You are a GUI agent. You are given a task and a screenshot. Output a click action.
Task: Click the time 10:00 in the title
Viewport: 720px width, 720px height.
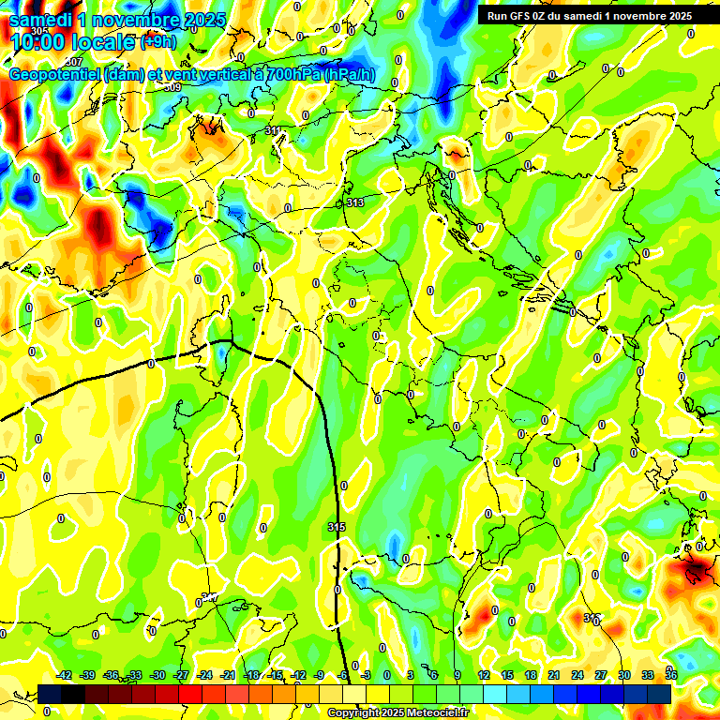(37, 41)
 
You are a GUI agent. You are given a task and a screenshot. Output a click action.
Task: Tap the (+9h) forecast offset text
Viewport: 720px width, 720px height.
(157, 41)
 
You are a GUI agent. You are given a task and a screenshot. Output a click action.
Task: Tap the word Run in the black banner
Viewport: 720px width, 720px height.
(499, 15)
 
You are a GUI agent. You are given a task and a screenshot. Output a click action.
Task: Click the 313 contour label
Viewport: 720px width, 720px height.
(354, 202)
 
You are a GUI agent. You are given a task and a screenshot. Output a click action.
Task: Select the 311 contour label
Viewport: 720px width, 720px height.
(273, 130)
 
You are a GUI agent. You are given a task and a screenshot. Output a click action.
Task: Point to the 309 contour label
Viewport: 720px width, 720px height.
(172, 87)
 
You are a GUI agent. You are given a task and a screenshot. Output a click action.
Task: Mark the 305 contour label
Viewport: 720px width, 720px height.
(38, 31)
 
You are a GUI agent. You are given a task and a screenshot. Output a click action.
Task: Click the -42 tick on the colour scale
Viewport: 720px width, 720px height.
(64, 675)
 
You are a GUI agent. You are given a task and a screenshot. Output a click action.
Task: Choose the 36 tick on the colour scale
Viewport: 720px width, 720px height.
(670, 675)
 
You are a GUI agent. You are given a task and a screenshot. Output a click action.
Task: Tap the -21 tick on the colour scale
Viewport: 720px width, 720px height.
(228, 675)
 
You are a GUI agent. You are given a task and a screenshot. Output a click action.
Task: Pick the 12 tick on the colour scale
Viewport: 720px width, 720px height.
(483, 675)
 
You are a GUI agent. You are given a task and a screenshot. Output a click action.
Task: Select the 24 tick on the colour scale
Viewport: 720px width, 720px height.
(577, 675)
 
